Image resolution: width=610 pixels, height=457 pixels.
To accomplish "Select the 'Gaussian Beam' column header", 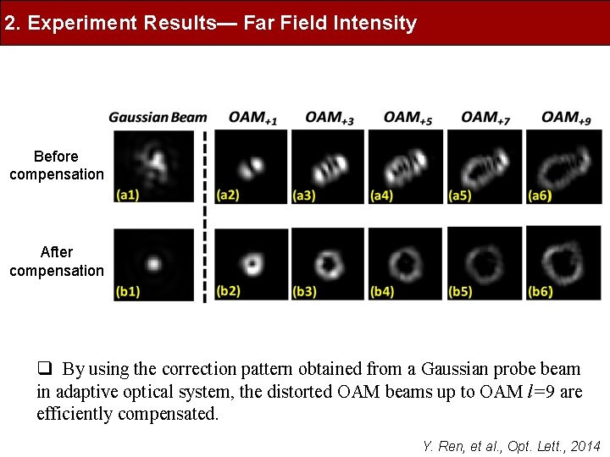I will pos(158,117).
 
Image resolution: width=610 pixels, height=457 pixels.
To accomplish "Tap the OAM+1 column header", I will pos(252,118).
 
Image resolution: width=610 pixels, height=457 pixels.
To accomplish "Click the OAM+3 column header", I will pos(330,118).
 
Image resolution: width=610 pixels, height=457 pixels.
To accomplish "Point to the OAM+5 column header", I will pos(408,118).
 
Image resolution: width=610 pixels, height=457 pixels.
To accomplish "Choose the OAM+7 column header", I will pos(485,118).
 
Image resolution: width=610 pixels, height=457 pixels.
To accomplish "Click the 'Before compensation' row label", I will pos(56,165).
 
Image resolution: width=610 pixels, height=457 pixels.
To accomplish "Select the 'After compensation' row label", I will pos(56,262).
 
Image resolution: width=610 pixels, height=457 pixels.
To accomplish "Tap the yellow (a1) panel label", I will pos(127,195).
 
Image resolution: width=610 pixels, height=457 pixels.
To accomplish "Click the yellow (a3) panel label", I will pos(304,195).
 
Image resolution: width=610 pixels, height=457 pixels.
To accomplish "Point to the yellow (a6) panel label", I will pos(540,195).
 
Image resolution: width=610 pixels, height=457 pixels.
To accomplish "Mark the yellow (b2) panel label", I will pos(227,291).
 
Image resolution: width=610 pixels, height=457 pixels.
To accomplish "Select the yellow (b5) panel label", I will pos(461,292).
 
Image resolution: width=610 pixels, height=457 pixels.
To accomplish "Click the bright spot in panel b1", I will pos(154,263).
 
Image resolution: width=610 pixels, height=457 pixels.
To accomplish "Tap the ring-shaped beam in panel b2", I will pos(252,262).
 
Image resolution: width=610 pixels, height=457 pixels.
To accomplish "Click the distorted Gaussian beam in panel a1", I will pos(156,161).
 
